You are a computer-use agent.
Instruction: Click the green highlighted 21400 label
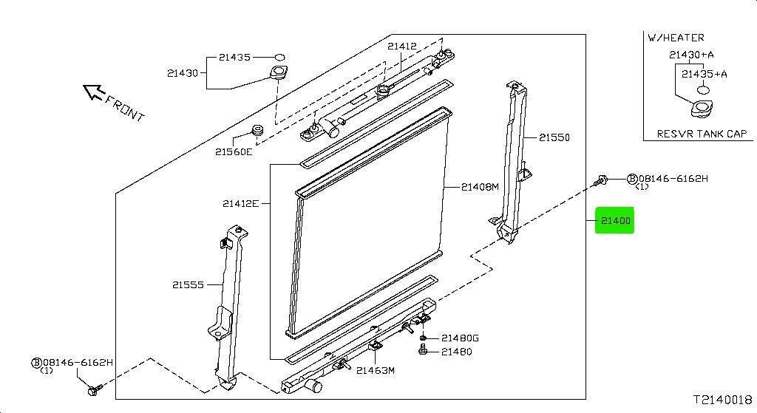tap(615, 220)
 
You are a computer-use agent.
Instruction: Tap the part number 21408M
tap(481, 187)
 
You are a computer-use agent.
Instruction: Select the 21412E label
tap(240, 203)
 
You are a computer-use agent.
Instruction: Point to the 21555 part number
tap(189, 284)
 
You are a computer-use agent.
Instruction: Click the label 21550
tap(554, 137)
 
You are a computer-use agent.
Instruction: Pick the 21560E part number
tap(234, 152)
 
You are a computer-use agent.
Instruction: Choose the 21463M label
tap(376, 371)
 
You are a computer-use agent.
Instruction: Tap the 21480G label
tap(460, 338)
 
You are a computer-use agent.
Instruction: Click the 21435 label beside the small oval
tap(234, 56)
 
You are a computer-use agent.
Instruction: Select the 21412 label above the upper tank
tap(403, 46)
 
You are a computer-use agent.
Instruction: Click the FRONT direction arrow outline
tap(94, 92)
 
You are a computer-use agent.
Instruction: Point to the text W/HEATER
tap(676, 38)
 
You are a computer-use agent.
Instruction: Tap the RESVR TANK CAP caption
tap(702, 134)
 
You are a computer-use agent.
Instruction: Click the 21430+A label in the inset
tap(691, 55)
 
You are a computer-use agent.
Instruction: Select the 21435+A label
tap(705, 74)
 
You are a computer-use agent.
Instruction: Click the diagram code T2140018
tap(722, 400)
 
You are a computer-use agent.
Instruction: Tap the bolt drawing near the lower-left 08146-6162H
tap(93, 389)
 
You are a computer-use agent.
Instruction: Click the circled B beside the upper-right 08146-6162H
tap(632, 179)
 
